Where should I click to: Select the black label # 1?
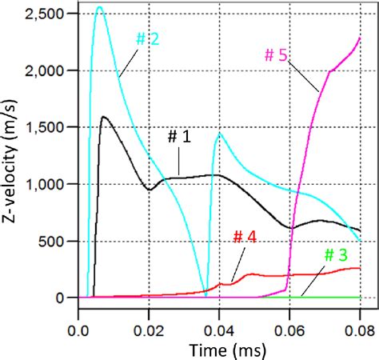tap(178, 136)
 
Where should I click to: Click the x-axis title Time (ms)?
tap(217, 349)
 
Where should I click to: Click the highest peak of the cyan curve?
tap(99, 7)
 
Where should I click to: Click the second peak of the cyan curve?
tap(219, 134)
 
